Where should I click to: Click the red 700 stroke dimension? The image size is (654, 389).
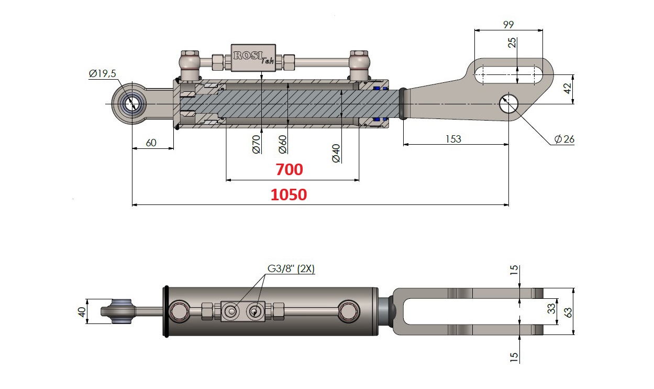pyautogui.click(x=290, y=170)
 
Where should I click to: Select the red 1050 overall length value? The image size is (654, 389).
pyautogui.click(x=289, y=195)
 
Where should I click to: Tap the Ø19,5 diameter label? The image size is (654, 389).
pyautogui.click(x=102, y=74)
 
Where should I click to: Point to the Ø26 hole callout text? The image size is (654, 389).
pyautogui.click(x=564, y=139)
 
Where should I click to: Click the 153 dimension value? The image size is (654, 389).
pyautogui.click(x=453, y=139)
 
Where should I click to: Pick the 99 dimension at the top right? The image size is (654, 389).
pyautogui.click(x=507, y=24)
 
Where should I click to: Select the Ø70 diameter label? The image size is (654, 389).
pyautogui.click(x=256, y=144)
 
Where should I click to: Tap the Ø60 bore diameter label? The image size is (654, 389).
pyautogui.click(x=282, y=144)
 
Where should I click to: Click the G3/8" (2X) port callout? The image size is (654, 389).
pyautogui.click(x=292, y=269)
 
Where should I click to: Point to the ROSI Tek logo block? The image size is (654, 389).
pyautogui.click(x=254, y=58)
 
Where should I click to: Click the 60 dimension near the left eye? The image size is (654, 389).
pyautogui.click(x=151, y=143)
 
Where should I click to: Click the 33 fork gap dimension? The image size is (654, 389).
pyautogui.click(x=551, y=309)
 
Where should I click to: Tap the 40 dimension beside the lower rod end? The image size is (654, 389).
pyautogui.click(x=81, y=311)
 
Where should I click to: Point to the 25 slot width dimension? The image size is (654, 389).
pyautogui.click(x=512, y=42)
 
